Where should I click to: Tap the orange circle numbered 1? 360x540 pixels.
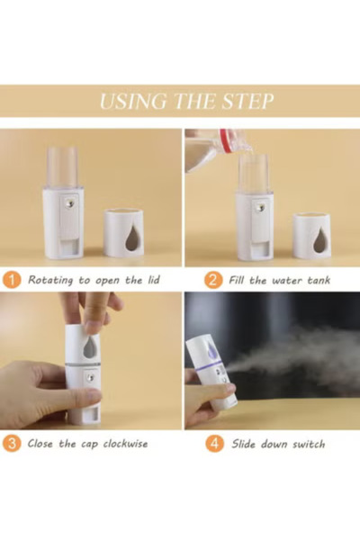(x=12, y=280)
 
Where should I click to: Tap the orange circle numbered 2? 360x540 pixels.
(x=212, y=280)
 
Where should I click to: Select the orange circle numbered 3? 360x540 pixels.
(x=12, y=443)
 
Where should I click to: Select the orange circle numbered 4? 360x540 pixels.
(x=212, y=443)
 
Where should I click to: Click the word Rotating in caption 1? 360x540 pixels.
(x=52, y=280)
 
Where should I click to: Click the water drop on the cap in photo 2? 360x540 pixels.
(x=320, y=239)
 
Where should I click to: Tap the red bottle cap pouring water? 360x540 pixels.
(x=227, y=142)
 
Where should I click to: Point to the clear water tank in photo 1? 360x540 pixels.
(x=63, y=169)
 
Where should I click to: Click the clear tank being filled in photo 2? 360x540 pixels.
(x=254, y=173)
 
